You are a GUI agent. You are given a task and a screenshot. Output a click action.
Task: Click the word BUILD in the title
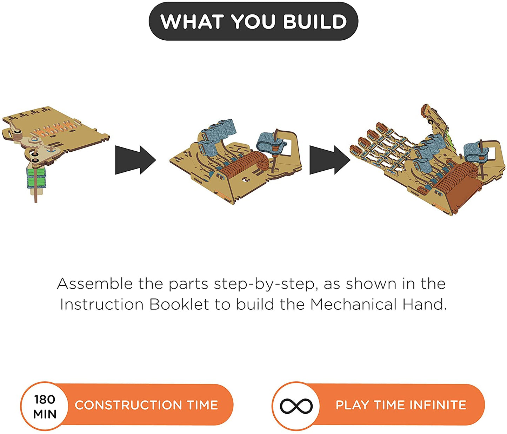[x=315, y=21]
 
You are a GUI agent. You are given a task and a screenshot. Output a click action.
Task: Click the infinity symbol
[x=296, y=406]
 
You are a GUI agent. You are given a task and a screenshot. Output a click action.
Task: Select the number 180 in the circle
[x=45, y=399]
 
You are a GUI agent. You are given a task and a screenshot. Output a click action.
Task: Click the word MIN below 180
[x=45, y=414]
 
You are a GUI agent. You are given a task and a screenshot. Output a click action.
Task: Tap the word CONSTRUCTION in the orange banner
[x=128, y=405]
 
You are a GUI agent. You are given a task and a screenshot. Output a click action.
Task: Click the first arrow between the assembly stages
[x=135, y=160]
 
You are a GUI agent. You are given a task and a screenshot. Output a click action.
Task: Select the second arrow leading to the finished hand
[x=330, y=160]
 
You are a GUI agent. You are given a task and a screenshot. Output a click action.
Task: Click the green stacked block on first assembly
[x=36, y=178]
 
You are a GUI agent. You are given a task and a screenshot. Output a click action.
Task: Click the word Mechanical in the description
[x=353, y=304]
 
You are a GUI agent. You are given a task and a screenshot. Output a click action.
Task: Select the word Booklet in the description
[x=179, y=304]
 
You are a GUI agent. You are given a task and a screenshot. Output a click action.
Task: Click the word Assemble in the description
[x=95, y=284]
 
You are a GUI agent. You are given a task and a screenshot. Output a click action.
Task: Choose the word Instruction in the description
[x=102, y=304]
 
